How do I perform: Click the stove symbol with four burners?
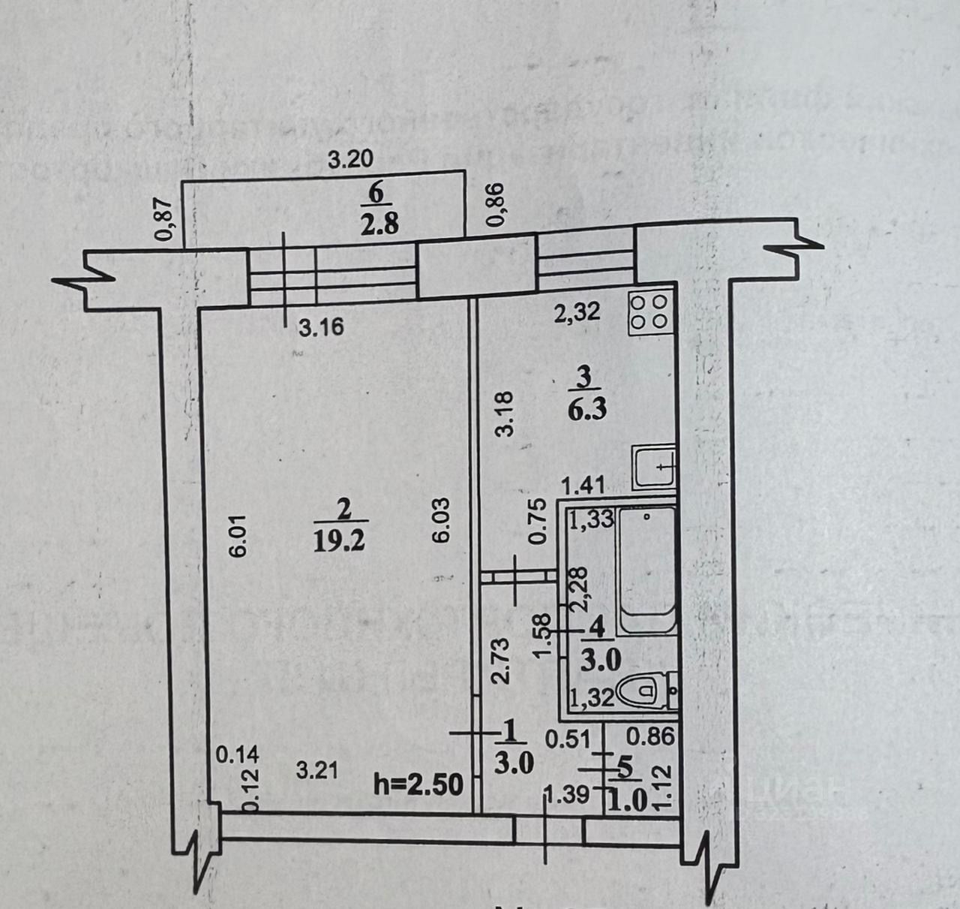click(x=649, y=312)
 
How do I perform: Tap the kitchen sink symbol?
click(x=654, y=467)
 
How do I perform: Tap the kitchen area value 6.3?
click(x=586, y=410)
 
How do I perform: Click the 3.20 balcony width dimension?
click(x=352, y=159)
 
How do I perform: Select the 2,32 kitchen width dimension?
click(x=576, y=312)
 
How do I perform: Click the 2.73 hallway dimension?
click(x=502, y=661)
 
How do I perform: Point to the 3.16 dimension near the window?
click(x=321, y=327)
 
